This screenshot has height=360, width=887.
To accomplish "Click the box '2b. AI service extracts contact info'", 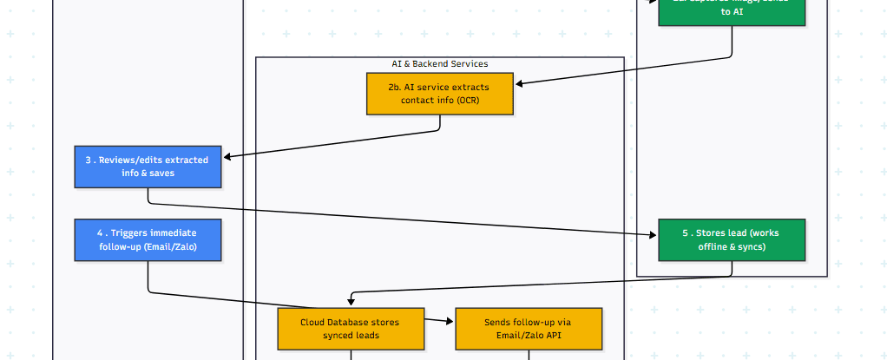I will click(x=440, y=94).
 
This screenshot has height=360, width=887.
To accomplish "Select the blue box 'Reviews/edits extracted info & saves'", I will click(x=148, y=167).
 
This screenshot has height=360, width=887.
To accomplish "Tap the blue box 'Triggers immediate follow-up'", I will click(x=148, y=239).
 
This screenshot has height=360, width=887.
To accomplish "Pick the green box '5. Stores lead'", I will click(x=732, y=239).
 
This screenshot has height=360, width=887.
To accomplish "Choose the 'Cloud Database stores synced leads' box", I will click(x=351, y=328).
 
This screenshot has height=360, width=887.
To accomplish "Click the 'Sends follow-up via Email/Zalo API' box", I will click(x=528, y=328).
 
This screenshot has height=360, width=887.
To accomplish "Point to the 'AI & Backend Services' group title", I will click(x=440, y=64).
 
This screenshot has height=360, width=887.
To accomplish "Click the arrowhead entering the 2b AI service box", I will click(x=520, y=84).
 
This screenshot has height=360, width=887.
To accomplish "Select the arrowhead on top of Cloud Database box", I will click(x=351, y=302).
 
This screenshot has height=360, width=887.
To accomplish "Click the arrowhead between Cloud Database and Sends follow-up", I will click(x=450, y=321).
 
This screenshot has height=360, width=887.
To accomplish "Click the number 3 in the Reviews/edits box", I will click(x=89, y=160).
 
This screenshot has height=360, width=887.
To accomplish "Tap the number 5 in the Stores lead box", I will click(x=685, y=232).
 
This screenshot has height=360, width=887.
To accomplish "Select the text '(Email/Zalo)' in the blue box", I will click(x=172, y=246).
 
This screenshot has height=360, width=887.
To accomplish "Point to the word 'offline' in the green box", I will click(x=717, y=246).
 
